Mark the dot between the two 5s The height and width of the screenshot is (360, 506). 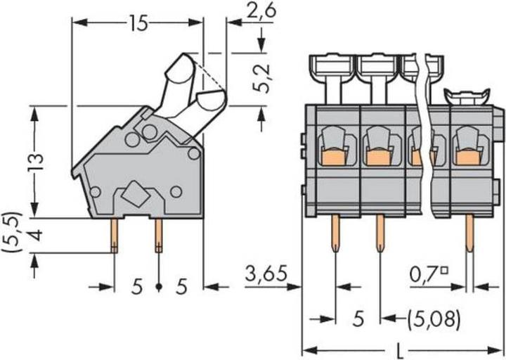pos(159,287)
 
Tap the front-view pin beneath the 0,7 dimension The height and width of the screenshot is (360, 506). pos(469,235)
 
